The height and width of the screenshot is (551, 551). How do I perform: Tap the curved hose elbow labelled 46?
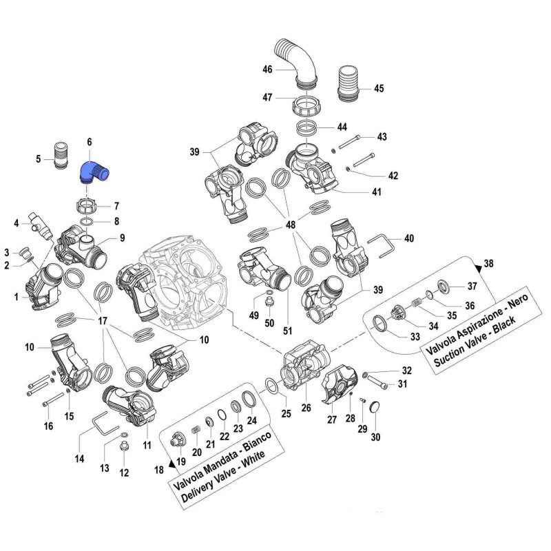click(297, 64)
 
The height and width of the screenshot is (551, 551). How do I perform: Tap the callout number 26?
click(306, 408)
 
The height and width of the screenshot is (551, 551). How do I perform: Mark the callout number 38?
click(488, 264)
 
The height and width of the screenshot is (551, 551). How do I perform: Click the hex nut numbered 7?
click(87, 206)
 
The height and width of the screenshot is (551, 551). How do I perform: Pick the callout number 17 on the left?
click(103, 320)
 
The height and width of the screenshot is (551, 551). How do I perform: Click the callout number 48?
click(291, 226)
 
